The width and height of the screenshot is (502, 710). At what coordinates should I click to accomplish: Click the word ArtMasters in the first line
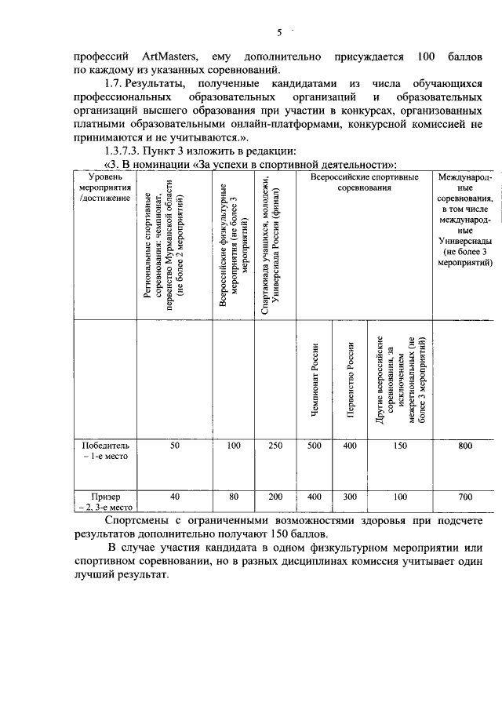(170, 56)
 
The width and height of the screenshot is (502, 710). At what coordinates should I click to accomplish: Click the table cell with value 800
(465, 446)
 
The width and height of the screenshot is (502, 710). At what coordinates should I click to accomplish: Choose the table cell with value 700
(465, 497)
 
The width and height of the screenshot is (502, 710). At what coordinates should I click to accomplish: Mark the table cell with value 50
(175, 446)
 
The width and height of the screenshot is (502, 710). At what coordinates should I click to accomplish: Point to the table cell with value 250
(275, 446)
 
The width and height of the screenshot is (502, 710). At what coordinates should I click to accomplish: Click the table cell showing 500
(315, 446)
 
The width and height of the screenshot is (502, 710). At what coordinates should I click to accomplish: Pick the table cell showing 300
(351, 497)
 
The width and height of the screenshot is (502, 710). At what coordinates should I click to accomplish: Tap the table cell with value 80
(234, 497)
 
